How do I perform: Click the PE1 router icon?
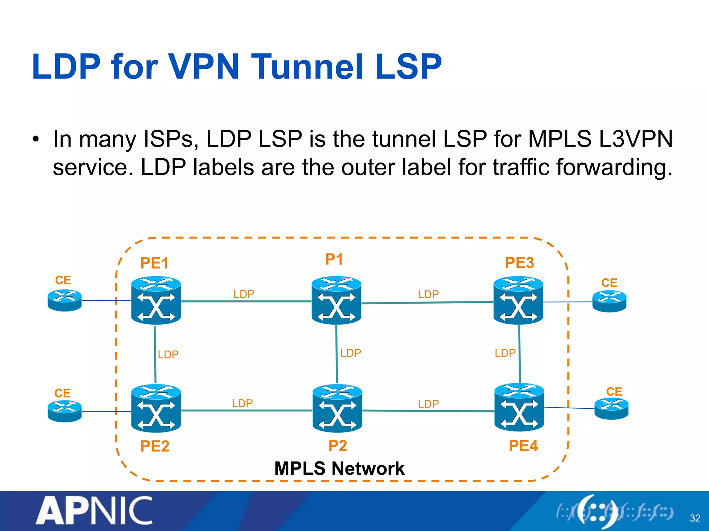tap(156, 300)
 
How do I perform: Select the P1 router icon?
tap(336, 300)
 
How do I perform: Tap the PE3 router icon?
tap(518, 300)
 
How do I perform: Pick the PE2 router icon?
tap(156, 408)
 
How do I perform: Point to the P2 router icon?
tap(337, 408)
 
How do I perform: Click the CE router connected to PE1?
tap(65, 300)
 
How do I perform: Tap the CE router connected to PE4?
tap(611, 409)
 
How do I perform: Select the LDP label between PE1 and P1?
tap(244, 294)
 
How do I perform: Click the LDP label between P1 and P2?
tap(350, 353)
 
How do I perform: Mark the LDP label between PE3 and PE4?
tap(505, 353)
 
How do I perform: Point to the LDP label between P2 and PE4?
tap(428, 404)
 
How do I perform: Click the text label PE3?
tap(519, 263)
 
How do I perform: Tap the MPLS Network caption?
tap(339, 468)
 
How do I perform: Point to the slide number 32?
tap(695, 518)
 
